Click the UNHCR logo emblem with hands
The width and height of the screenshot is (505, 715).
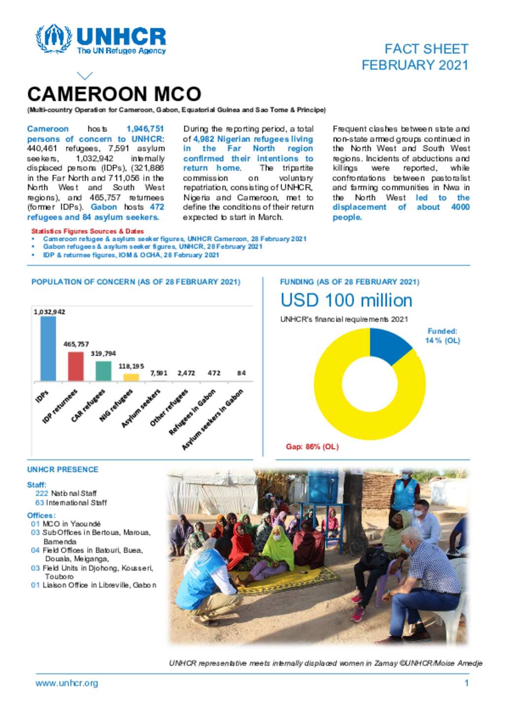coord(53,38)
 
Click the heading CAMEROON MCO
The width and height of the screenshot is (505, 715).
coord(114,94)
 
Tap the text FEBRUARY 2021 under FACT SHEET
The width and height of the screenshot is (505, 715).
coord(415,65)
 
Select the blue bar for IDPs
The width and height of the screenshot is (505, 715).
coord(48,348)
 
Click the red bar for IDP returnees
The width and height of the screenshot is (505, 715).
coord(75,366)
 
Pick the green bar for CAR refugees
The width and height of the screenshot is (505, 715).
coord(103,371)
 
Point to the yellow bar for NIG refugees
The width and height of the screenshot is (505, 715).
coord(131,377)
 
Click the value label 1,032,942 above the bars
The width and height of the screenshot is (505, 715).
coord(49,312)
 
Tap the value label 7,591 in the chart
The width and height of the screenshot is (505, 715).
coord(159,373)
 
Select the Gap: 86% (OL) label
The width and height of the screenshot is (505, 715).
coord(312,447)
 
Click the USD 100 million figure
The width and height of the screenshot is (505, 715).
coord(346,300)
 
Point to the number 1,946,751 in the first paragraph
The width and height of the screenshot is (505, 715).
coord(145,129)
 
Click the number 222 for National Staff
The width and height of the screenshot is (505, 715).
coord(41,493)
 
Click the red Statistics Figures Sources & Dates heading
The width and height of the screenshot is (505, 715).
coord(87,231)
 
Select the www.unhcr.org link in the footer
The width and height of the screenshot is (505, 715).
coord(67,683)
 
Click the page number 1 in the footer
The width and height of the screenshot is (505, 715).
coord(466,683)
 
